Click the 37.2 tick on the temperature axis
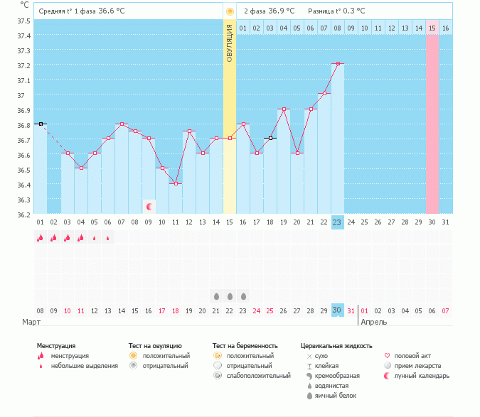pos(23,65)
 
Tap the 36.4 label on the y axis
pos(23,185)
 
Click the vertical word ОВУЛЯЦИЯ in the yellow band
pos(229,43)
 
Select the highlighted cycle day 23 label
pos(337,222)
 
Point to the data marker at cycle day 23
pos(338,64)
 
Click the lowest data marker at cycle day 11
pos(175,183)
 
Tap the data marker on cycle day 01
pos(41,124)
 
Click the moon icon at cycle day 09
pos(149,207)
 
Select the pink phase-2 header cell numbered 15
pos(432,28)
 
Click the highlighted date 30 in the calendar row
pos(337,310)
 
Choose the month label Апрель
pos(375,323)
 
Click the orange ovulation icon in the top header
pos(229,12)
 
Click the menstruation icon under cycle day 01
pos(40,238)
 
